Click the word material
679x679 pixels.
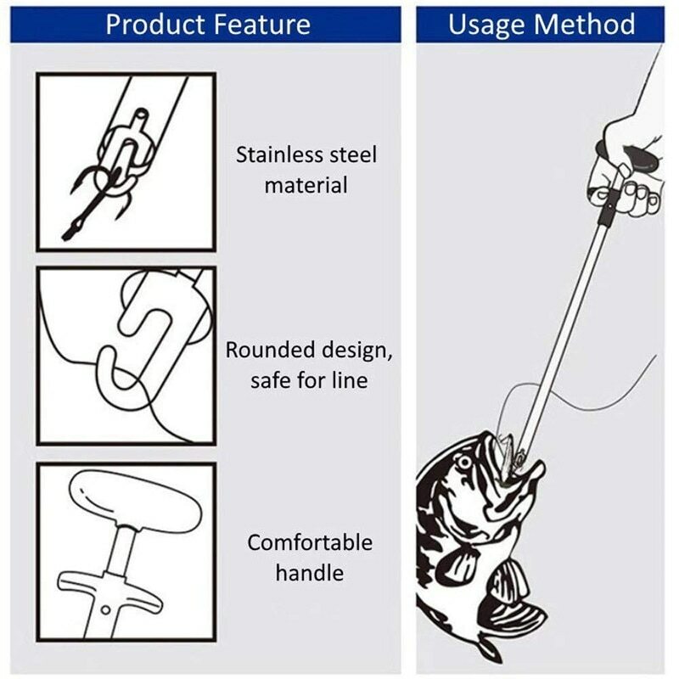pos(306,185)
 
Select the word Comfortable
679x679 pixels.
pos(310,542)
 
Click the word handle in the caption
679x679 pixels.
pos(309,573)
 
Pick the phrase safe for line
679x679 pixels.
pos(309,380)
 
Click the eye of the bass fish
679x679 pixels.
pos(464,463)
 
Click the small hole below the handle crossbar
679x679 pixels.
pos(106,609)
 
